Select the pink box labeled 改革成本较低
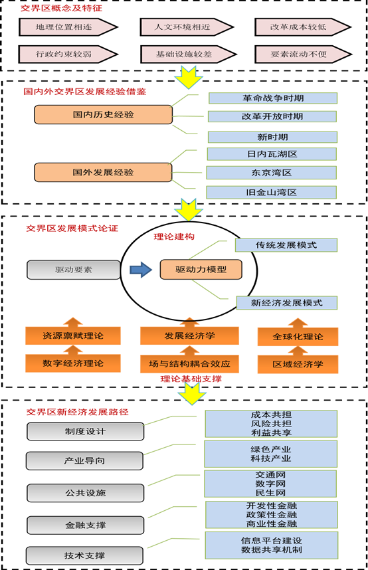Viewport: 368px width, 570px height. [302, 27]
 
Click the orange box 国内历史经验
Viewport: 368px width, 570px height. [103, 114]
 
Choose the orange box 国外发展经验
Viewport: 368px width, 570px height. [103, 172]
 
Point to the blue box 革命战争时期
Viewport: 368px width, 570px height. [272, 98]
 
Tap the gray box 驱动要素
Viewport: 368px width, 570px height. [73, 270]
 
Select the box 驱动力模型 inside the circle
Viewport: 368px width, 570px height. [201, 270]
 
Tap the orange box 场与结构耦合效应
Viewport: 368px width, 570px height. [189, 363]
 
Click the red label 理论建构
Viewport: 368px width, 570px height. [174, 236]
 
